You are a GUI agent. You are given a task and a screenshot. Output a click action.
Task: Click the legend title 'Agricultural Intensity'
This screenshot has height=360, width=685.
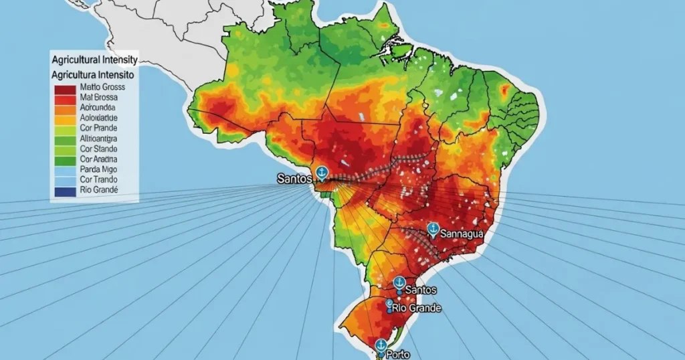click(94, 61)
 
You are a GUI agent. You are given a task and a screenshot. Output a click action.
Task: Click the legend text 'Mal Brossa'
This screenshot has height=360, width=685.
click(98, 97)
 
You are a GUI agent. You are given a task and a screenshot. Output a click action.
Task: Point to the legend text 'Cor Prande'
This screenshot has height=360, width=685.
click(98, 127)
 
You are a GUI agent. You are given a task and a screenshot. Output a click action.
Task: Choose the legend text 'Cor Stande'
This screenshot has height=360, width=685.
click(98, 149)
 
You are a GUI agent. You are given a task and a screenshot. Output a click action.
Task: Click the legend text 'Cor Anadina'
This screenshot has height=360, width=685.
click(98, 159)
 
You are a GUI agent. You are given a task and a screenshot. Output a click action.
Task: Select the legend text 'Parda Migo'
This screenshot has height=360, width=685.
click(98, 170)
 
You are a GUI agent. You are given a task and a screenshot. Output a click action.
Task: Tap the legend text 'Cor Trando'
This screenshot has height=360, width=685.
click(98, 180)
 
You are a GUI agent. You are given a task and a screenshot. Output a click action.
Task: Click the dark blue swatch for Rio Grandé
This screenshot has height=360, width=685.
click(64, 191)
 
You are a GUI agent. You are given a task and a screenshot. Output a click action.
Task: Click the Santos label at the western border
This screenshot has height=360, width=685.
click(294, 179)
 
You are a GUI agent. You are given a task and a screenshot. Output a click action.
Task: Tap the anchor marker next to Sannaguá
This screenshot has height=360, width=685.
click(432, 229)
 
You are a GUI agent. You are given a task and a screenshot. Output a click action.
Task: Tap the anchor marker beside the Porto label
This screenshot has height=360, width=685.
click(381, 345)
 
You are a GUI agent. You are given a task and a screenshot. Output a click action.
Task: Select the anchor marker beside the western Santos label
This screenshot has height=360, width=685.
click(321, 172)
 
